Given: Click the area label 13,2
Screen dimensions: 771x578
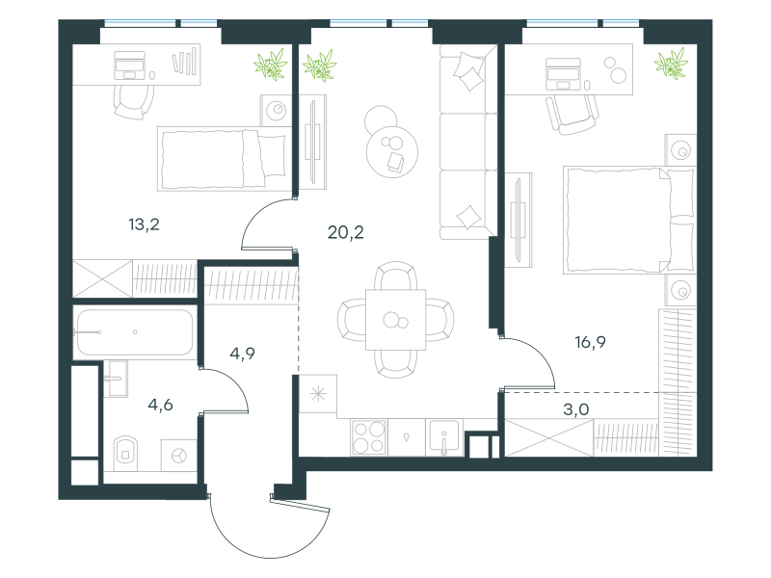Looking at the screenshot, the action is pos(144,224).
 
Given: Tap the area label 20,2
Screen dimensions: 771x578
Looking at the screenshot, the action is pos(346,232).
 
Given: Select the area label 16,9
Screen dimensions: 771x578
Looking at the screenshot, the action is pos(590,342).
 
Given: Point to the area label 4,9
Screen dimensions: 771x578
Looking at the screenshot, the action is pos(243,354).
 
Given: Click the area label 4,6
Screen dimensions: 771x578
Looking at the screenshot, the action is pos(160,405).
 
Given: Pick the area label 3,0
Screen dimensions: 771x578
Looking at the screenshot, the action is pos(575,409).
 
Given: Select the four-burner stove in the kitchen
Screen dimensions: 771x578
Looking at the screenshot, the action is pos(369,438).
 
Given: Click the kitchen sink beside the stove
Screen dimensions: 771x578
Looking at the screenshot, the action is pos(444,436).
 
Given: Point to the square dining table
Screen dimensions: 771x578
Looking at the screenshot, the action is pos(396,320).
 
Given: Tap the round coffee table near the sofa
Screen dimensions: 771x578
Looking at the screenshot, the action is pos(392,151).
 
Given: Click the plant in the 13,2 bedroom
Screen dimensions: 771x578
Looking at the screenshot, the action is pos(270,65).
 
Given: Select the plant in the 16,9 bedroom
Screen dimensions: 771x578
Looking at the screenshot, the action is pos(671,64).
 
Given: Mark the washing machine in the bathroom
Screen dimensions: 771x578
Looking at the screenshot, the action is pos(179,456).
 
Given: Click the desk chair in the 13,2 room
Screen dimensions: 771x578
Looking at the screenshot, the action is pos(133,101).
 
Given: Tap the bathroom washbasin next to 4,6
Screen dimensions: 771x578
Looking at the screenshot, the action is pos(118,378).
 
